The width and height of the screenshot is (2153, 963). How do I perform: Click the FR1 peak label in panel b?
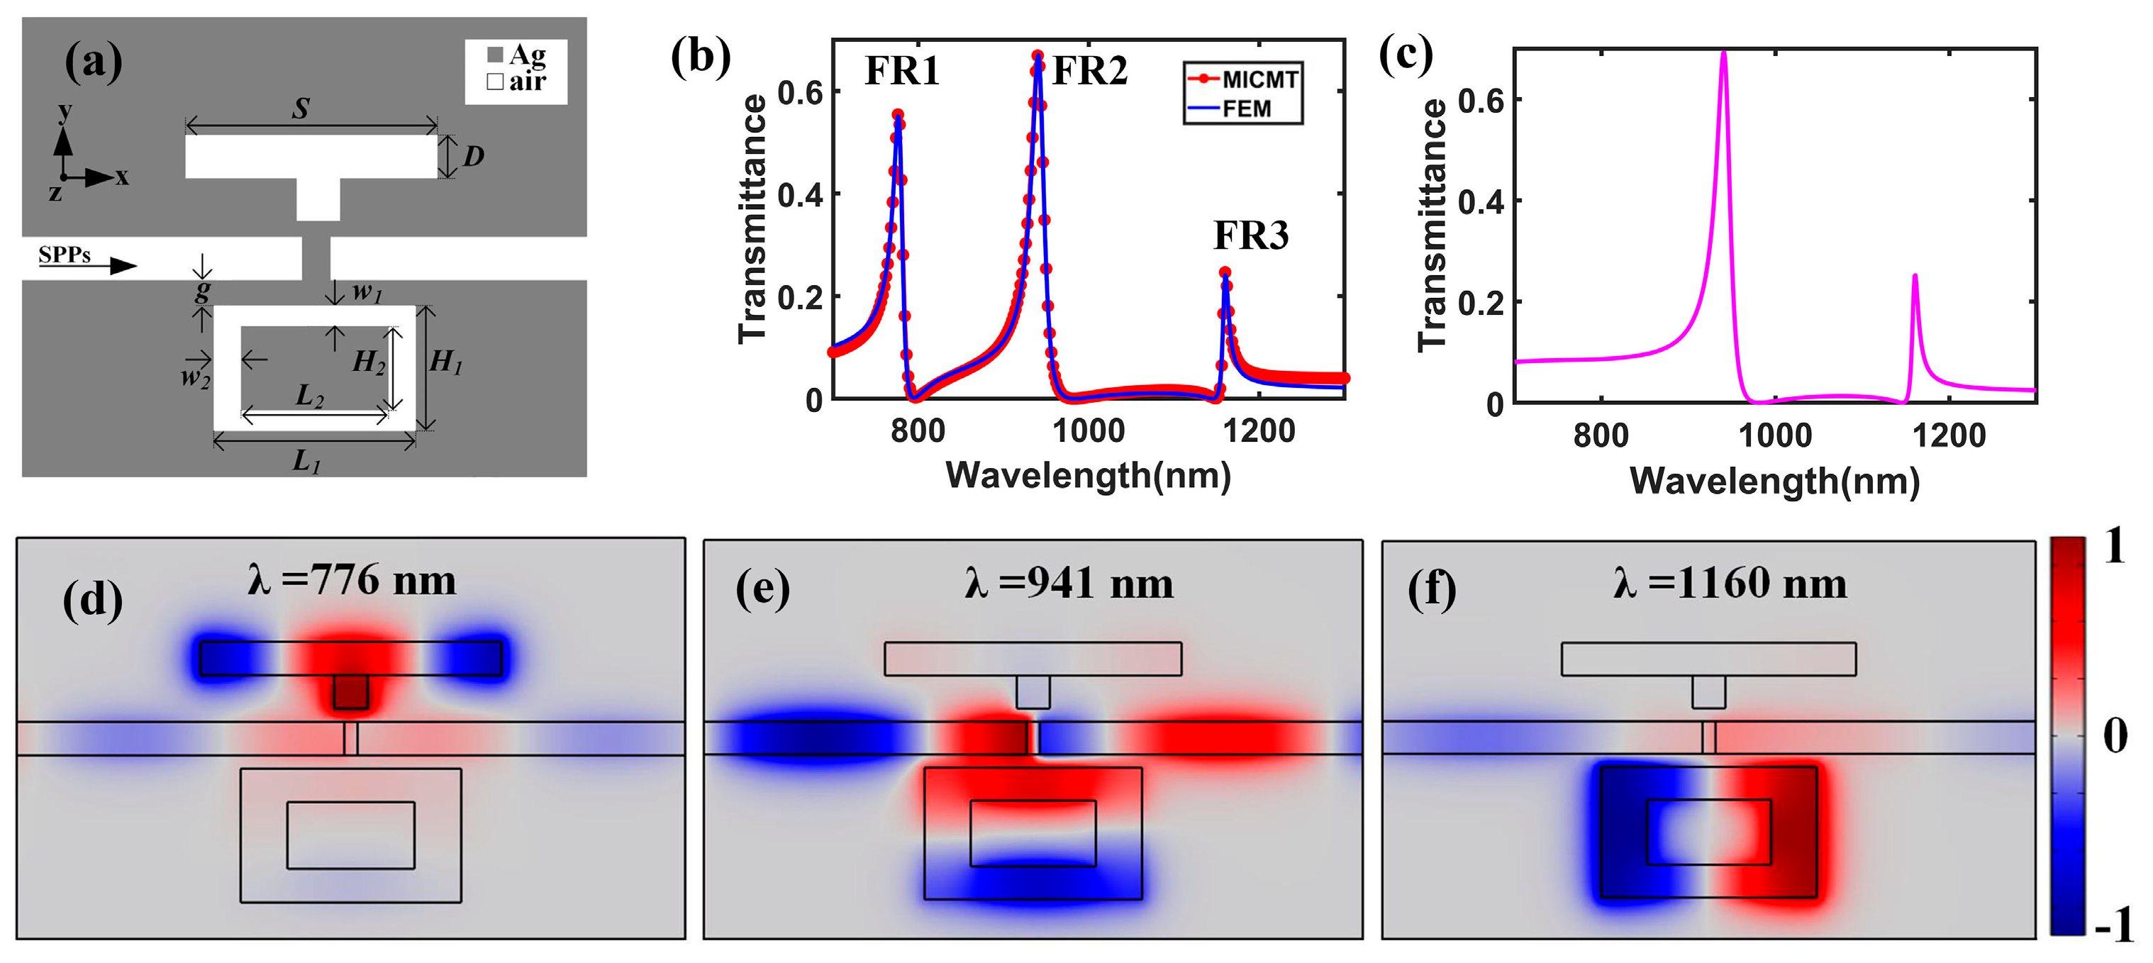pos(902,71)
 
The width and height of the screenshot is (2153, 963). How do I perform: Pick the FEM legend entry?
pos(1245,109)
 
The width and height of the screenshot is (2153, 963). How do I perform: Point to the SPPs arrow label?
pos(65,255)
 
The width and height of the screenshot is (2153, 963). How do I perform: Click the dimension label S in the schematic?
pos(301,108)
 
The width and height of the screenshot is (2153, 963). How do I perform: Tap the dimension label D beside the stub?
pos(473,156)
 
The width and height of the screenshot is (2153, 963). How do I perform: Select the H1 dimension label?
pos(445,362)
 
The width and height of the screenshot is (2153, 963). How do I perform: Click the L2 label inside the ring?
pos(309,394)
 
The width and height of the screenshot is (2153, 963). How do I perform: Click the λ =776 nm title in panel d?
pos(352,580)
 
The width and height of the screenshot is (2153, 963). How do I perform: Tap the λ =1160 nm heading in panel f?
pos(1730,584)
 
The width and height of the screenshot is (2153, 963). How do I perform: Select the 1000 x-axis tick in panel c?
pos(1774,435)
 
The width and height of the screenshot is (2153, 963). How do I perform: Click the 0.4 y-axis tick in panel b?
pos(800,195)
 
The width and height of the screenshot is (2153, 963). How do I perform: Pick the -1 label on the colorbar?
pos(2114,925)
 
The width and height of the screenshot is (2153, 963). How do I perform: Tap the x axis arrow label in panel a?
pos(122,177)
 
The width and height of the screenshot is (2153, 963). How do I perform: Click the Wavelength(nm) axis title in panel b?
pos(1087,476)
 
